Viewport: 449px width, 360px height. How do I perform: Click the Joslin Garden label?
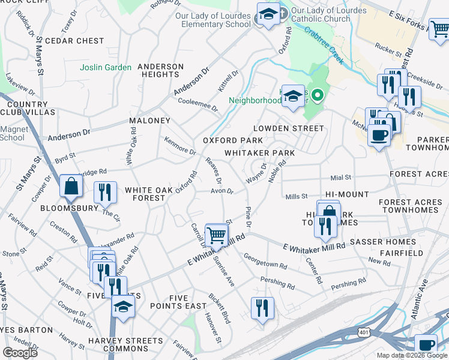point(106,67)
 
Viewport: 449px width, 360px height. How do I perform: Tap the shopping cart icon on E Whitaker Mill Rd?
point(216,235)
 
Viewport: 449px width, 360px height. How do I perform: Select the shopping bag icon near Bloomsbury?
point(71,187)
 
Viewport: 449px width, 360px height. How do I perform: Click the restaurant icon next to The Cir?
point(105,192)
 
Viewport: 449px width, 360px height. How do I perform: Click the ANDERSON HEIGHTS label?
point(160,70)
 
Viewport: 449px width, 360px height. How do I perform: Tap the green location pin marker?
point(318,94)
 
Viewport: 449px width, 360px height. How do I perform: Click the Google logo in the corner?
point(19,353)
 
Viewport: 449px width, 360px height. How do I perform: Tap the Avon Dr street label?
point(221,191)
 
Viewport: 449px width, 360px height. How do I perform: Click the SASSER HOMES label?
point(383,242)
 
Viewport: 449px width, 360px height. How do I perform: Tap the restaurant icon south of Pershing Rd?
point(262,308)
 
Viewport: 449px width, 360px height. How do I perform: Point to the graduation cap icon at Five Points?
point(123,306)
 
